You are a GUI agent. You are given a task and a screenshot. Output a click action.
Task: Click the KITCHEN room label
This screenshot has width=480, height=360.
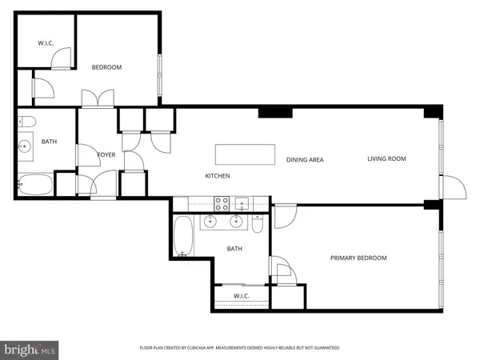click(x=218, y=175)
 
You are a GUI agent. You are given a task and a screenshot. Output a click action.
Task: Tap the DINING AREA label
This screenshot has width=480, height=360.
click(x=305, y=160)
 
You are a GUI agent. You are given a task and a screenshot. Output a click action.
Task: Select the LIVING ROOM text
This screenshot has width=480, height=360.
click(x=386, y=158)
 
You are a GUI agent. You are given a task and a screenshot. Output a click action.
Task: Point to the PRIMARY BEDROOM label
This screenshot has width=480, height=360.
click(x=358, y=258)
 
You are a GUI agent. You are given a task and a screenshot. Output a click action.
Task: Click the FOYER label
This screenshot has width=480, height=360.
click(x=106, y=154)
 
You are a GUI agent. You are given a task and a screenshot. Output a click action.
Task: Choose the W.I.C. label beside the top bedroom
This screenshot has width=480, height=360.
click(x=46, y=43)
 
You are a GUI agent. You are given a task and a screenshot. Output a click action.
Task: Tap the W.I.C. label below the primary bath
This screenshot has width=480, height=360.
click(x=242, y=296)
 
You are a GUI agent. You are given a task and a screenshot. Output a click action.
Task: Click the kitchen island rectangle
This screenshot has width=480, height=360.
click(x=244, y=152)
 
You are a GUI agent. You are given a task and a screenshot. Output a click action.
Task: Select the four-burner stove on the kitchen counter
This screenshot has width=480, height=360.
click(x=222, y=202)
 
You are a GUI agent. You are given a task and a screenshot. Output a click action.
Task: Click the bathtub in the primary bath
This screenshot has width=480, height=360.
click(x=183, y=236)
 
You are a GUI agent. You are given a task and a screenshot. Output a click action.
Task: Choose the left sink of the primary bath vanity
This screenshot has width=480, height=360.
click(x=212, y=222)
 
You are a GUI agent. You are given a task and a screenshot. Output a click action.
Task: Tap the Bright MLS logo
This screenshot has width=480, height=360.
click(x=30, y=349)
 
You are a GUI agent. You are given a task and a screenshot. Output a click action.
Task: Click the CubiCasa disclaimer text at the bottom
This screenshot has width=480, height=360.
click(x=240, y=348)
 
